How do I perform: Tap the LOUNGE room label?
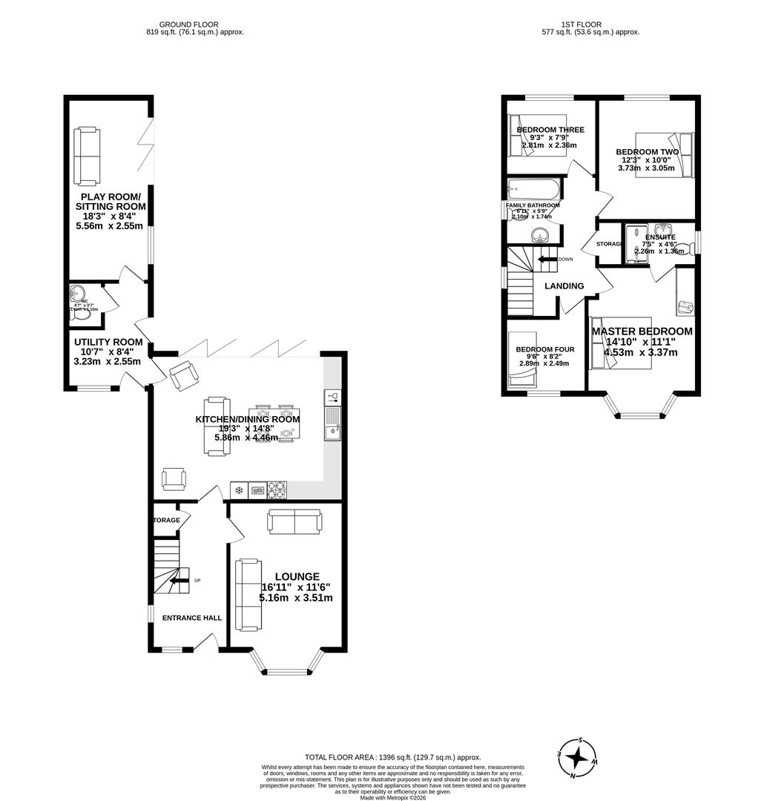297,576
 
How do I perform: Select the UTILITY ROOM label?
108,342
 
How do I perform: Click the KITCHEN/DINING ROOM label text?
247,419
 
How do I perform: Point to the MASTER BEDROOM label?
642,332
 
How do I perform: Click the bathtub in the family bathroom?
533,188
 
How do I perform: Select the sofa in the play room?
86,156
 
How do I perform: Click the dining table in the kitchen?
274,423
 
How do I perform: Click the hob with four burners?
277,489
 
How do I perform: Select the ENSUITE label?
660,237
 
